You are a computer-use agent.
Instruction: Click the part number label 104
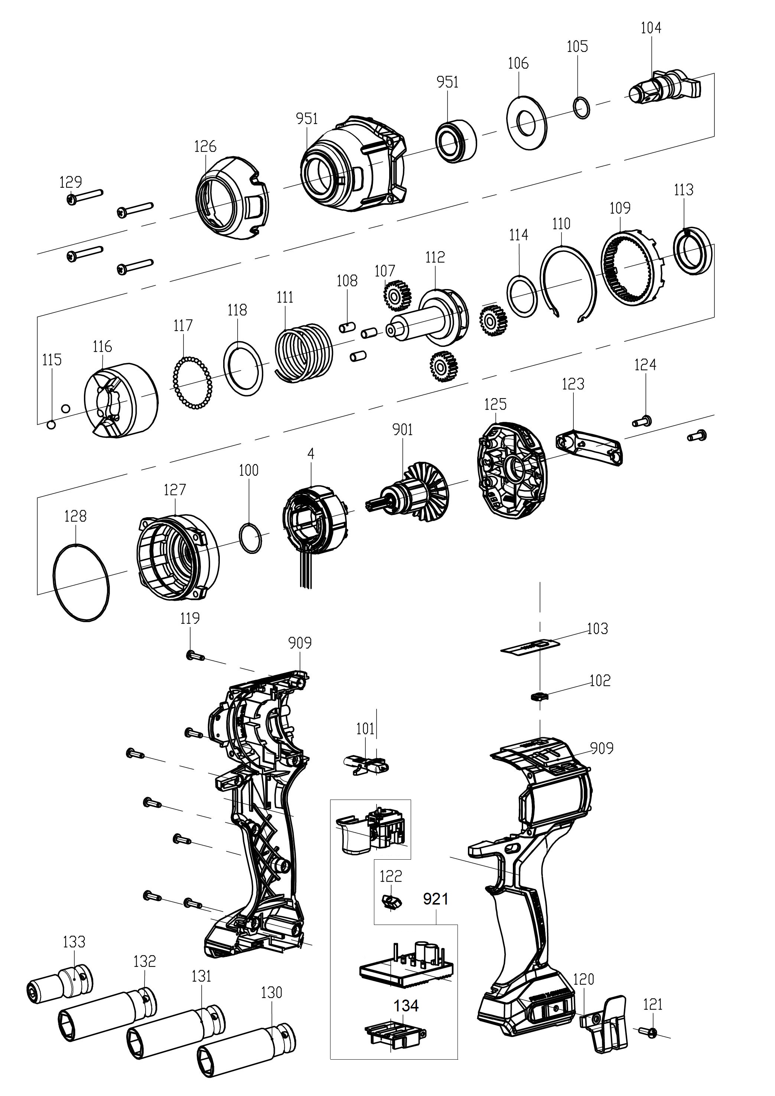(x=651, y=28)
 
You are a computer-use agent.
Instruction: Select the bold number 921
(x=435, y=899)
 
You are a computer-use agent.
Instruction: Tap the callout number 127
(x=175, y=490)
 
